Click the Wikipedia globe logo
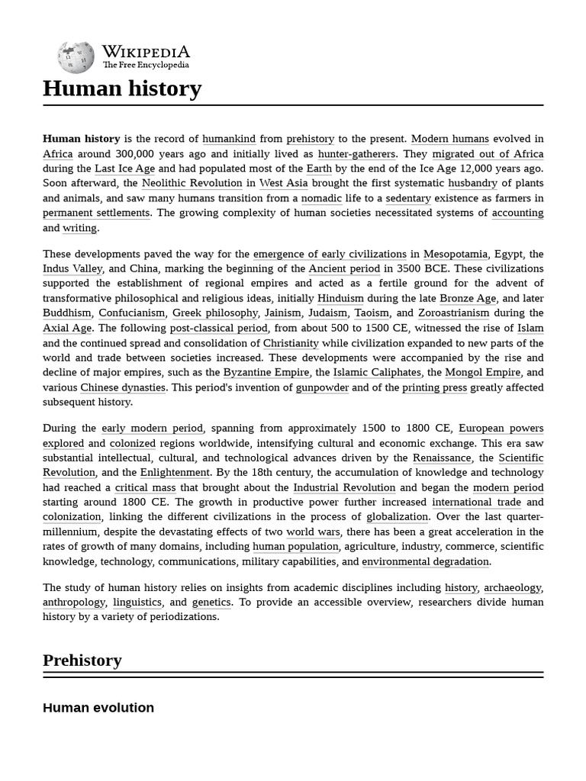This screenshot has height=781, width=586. pyautogui.click(x=76, y=57)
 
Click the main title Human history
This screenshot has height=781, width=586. pyautogui.click(x=122, y=88)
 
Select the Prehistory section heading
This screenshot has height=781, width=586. pyautogui.click(x=82, y=660)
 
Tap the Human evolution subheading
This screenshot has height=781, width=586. pyautogui.click(x=98, y=708)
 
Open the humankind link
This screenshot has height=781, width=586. pyautogui.click(x=229, y=139)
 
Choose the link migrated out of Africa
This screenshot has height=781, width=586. pyautogui.click(x=488, y=154)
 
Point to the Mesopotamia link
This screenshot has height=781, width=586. pyautogui.click(x=456, y=254)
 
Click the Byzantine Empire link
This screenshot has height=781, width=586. pyautogui.click(x=266, y=372)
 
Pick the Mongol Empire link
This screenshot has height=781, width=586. pyautogui.click(x=483, y=372)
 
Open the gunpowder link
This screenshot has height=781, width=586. pyautogui.click(x=322, y=387)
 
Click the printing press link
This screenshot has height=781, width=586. pyautogui.click(x=434, y=387)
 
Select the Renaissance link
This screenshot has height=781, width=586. pyautogui.click(x=442, y=458)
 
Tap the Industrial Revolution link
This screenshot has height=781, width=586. pyautogui.click(x=344, y=487)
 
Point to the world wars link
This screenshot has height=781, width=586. pyautogui.click(x=314, y=532)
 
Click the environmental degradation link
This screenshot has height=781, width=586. pyautogui.click(x=425, y=561)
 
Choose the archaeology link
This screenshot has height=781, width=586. pyautogui.click(x=512, y=587)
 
